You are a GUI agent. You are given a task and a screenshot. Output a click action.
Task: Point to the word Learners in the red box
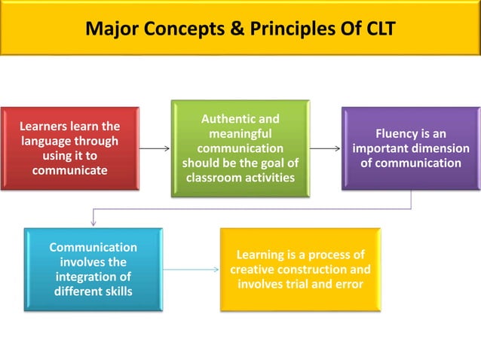pyautogui.click(x=47, y=127)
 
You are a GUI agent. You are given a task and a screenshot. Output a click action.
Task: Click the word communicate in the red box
pyautogui.click(x=69, y=170)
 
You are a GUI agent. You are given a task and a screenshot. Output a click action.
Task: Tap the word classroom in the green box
pyautogui.click(x=214, y=178)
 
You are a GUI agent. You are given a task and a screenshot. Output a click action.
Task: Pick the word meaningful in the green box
pyautogui.click(x=240, y=133)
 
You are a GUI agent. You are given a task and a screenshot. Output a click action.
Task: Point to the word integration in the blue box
pyautogui.click(x=84, y=276)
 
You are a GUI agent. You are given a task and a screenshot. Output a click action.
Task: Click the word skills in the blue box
pyautogui.click(x=115, y=291)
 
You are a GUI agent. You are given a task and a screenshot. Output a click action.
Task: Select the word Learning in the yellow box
pyautogui.click(x=263, y=255)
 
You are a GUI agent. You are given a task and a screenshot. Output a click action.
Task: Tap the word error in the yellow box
pyautogui.click(x=348, y=284)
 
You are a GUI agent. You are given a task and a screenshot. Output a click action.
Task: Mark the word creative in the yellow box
pyautogui.click(x=254, y=270)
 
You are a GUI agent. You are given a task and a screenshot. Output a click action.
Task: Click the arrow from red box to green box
pyautogui.click(x=155, y=148)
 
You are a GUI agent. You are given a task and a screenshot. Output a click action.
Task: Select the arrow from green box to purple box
pyautogui.click(x=325, y=148)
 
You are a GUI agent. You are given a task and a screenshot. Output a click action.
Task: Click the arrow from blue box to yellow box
pyautogui.click(x=191, y=269)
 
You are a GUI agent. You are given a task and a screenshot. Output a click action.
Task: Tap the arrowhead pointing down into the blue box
pyautogui.click(x=93, y=222)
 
